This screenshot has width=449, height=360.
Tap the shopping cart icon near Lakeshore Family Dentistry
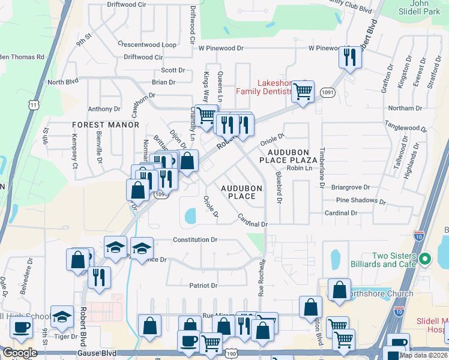coord(304,91)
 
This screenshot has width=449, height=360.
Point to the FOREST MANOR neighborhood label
coord(106,125)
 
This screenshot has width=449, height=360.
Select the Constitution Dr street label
coord(194,239)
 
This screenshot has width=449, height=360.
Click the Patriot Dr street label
coord(203,286)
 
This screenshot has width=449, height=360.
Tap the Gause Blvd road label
coord(101,355)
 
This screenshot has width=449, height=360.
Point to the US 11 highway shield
coord(34,104)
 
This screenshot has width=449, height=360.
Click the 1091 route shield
coord(327,92)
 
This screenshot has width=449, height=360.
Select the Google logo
coord(20,353)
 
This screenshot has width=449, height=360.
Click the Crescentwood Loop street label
coord(147,45)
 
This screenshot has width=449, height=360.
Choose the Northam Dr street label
coord(405,108)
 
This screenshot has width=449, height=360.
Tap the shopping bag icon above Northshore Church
coord(339,289)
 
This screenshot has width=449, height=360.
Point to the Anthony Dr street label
coord(104,109)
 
